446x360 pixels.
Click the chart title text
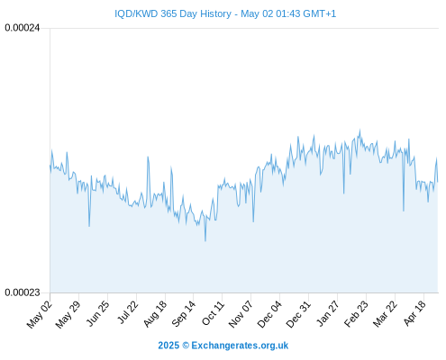tap(225, 13)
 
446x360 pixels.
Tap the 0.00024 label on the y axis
tap(23, 28)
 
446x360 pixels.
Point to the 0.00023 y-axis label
tap(23, 292)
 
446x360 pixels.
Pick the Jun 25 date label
tap(97, 313)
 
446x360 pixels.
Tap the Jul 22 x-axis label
tap(127, 312)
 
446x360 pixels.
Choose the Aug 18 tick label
tap(155, 314)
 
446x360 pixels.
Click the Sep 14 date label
tap(184, 314)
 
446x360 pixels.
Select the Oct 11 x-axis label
tap(214, 313)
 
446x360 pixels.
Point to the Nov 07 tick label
tap(241, 314)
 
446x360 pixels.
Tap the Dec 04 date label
tap(269, 314)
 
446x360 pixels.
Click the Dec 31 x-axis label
tap(298, 314)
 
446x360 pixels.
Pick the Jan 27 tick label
tap(328, 313)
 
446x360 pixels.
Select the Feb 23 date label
tap(356, 314)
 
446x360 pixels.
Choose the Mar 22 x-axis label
tap(385, 314)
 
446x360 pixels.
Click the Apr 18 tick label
tap(414, 313)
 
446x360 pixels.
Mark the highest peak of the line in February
tap(360, 130)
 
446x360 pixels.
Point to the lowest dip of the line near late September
tap(205, 240)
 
